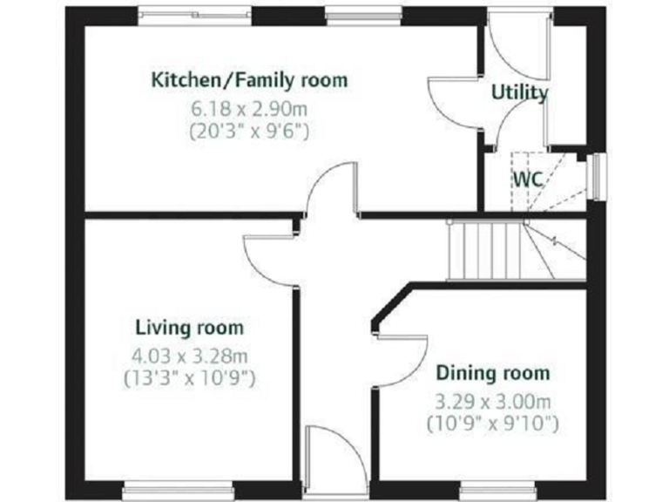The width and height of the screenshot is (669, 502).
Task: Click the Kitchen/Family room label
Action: [250, 80]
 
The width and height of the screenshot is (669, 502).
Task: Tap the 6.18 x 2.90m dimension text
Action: [250, 110]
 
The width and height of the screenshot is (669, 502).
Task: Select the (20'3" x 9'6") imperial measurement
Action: [250, 132]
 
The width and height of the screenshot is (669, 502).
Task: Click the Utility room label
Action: [519, 92]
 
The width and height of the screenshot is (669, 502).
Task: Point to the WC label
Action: [528, 179]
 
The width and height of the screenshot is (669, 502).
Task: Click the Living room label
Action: [190, 328]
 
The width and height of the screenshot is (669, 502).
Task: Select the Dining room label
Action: [493, 373]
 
